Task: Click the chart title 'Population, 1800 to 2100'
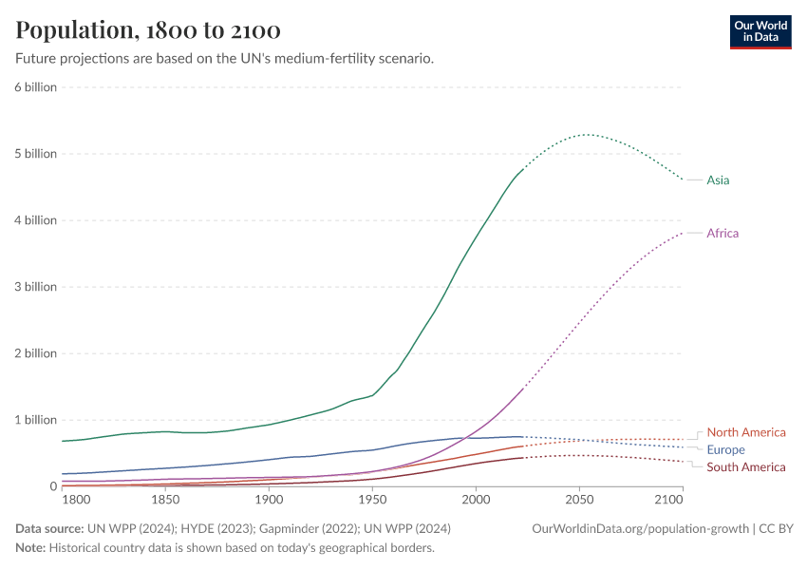[148, 30]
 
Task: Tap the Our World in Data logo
[760, 30]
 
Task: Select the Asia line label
[718, 180]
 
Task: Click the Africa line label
[723, 233]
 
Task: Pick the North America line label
[746, 432]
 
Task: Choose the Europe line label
[726, 449]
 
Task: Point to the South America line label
[746, 466]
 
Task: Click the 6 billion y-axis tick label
[35, 87]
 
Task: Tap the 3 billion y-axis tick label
[35, 287]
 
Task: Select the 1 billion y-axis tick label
[35, 420]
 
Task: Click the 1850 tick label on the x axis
[165, 500]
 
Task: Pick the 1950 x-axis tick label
[372, 500]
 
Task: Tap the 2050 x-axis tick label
[579, 500]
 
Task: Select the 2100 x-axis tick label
[669, 500]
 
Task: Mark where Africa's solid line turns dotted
[522, 389]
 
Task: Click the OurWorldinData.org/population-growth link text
[639, 528]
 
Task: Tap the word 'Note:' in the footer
[30, 547]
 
